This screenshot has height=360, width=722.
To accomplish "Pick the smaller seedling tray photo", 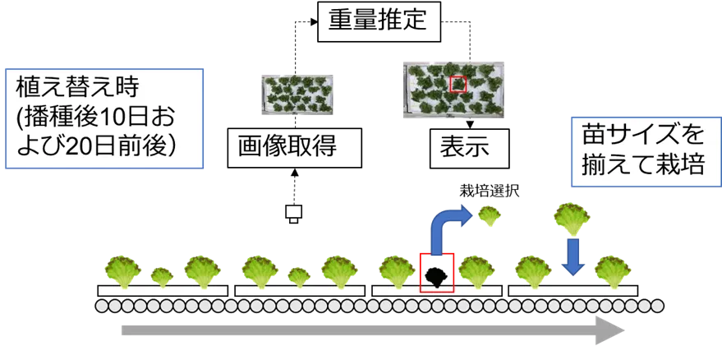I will tap(295, 94).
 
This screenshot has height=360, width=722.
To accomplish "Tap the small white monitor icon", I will tap(292, 214).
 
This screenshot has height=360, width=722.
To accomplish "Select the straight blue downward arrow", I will tap(573, 256).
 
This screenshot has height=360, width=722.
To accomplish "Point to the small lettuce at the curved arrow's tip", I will tap(490, 216).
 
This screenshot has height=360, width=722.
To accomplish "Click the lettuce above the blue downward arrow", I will tap(572, 218).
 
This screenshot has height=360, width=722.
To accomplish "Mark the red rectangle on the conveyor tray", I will tap(436, 272).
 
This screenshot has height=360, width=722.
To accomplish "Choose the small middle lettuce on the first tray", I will tap(163, 275).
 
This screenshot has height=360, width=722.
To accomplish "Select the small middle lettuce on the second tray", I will tap(299, 275).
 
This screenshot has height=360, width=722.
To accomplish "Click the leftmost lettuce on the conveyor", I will tap(122, 270).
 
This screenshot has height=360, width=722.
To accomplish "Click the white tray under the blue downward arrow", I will tap(573, 291).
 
